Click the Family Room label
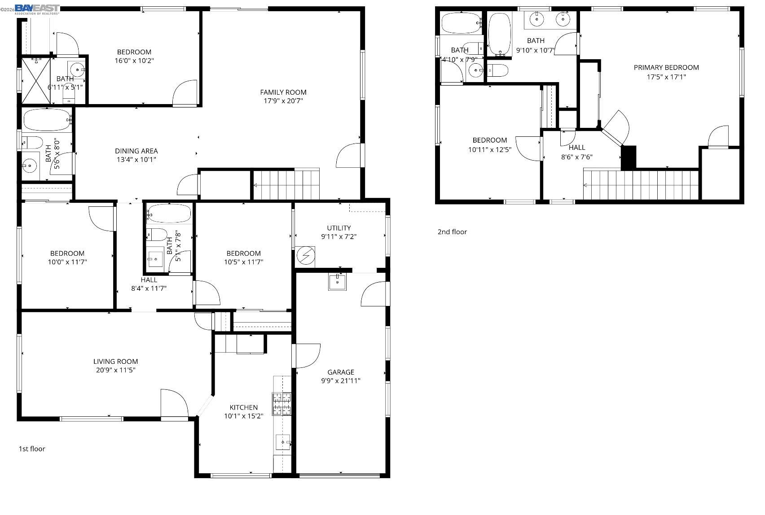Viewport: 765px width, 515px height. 283,92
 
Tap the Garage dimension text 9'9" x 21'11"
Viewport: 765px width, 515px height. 341,381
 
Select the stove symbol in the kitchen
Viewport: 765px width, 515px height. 281,403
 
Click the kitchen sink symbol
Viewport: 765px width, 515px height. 283,442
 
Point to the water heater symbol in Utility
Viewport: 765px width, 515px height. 306,256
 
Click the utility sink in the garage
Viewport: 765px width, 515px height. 337,282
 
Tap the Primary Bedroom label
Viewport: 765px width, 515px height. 666,68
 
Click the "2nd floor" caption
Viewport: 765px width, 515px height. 452,232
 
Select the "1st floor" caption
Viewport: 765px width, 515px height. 32,449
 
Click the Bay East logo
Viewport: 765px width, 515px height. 37,9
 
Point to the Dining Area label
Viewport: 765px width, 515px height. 136,151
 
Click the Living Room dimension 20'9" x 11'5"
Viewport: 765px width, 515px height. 115,370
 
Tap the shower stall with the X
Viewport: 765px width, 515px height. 35,80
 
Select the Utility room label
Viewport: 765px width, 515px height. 339,228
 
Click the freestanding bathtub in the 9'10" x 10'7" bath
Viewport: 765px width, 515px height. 500,34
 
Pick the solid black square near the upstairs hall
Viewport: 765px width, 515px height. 629,157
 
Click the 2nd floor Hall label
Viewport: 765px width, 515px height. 577,148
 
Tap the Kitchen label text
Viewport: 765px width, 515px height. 244,407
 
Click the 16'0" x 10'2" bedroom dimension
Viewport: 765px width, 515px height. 134,61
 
